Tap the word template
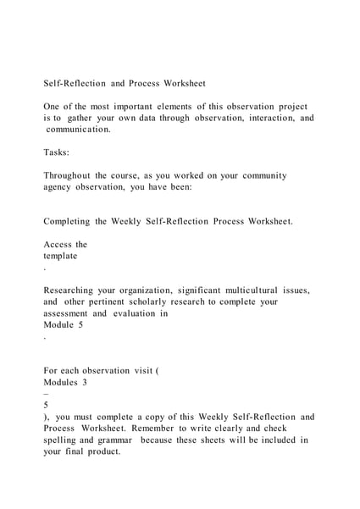pos(60,255)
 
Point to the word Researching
pos(74,290)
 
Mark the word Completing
pos(72,221)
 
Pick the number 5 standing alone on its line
pos(47,405)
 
